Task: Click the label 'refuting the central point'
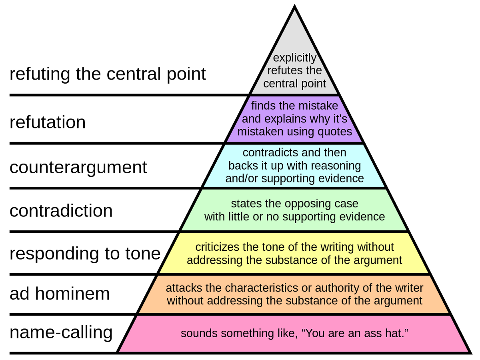(108, 74)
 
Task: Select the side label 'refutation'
(48, 122)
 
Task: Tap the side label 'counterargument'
(78, 167)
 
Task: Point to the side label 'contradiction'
(61, 210)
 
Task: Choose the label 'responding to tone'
(85, 254)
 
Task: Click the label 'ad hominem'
(60, 294)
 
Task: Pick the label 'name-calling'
(61, 332)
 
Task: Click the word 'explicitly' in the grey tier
(295, 58)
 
